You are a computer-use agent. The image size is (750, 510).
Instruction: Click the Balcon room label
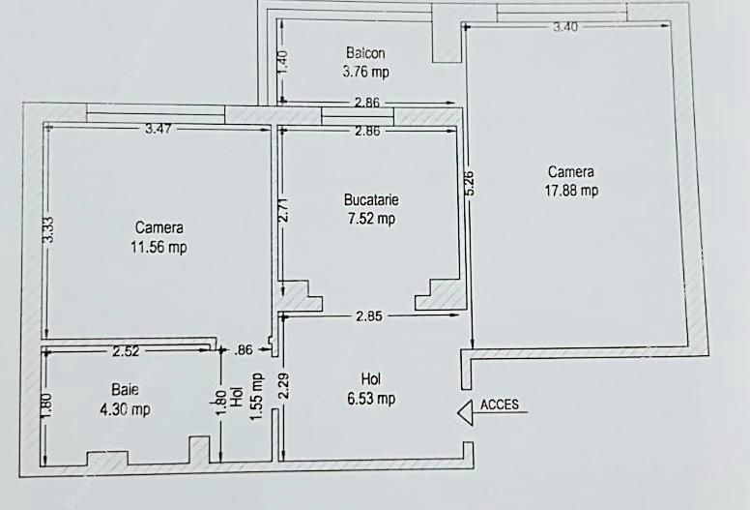(x=366, y=52)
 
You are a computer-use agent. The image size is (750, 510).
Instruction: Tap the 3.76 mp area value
(x=366, y=71)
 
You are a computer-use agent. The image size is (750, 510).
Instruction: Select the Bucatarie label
(x=371, y=200)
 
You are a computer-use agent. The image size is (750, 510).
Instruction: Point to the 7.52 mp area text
(x=371, y=219)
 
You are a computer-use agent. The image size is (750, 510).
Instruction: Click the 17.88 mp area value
(x=571, y=191)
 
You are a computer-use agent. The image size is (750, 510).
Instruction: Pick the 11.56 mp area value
(x=160, y=247)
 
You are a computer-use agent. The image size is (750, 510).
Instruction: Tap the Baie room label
(x=124, y=390)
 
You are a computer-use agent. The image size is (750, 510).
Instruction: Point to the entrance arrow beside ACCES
(x=467, y=411)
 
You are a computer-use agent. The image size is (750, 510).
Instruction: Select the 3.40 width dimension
(x=565, y=27)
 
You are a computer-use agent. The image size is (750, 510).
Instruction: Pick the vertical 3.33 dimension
(x=48, y=228)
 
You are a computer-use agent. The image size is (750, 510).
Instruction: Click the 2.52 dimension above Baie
(x=128, y=350)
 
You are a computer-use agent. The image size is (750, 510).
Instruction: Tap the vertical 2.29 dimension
(x=283, y=387)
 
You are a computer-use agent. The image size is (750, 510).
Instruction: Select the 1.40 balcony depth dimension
(x=282, y=63)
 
